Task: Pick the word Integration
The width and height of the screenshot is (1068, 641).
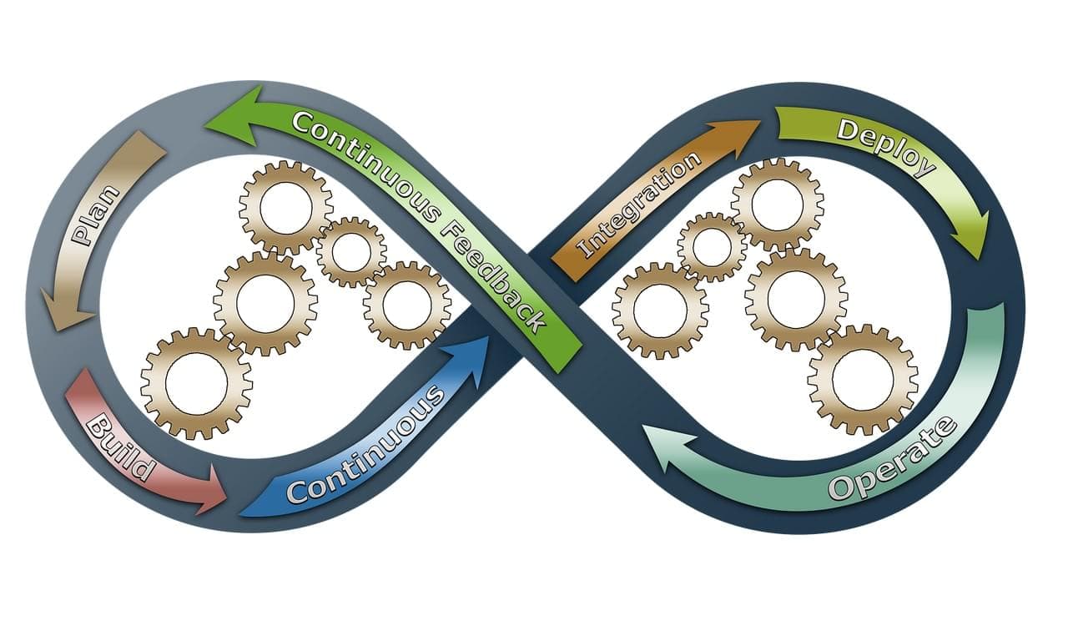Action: point(638,204)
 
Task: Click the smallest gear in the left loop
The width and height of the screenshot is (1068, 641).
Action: point(351,251)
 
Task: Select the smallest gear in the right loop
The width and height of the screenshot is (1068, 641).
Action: point(712,246)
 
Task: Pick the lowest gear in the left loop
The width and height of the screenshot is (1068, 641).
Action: point(197,383)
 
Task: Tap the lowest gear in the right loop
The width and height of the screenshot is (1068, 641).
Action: point(863,380)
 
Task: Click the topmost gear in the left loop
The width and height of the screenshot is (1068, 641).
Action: point(285,208)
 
